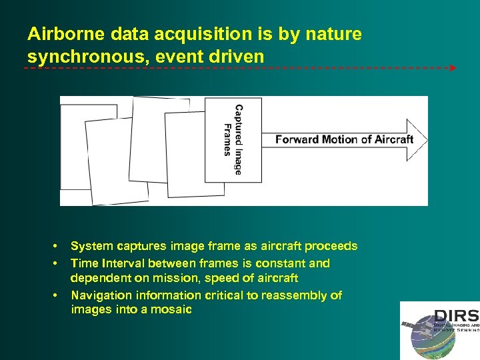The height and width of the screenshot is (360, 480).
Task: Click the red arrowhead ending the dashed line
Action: (x=453, y=68)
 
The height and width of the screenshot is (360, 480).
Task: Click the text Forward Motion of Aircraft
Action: (x=344, y=139)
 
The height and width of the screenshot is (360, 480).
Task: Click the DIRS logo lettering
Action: (x=455, y=316)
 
